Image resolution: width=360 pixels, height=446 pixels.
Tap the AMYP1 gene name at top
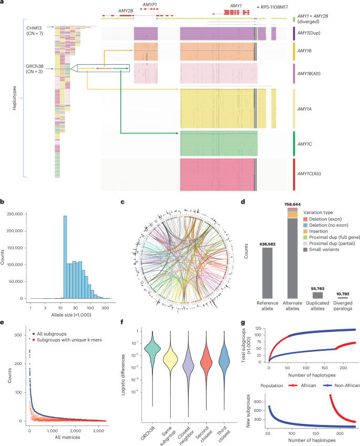click(x=150, y=4)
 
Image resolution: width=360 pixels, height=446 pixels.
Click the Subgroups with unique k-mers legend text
click(x=75, y=347)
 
